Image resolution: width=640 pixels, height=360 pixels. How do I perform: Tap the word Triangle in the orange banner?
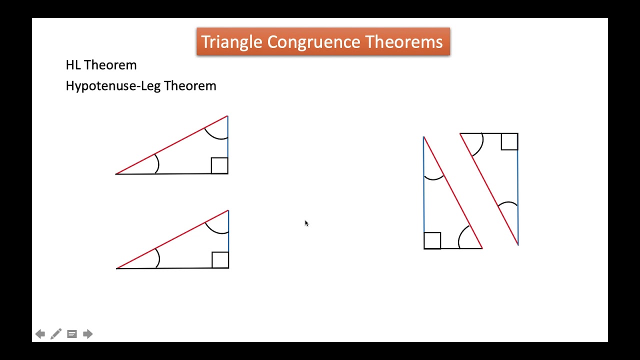point(231,42)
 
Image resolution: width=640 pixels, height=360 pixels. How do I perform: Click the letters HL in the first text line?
point(73,65)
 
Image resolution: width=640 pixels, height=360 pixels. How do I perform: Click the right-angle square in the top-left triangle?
point(219,165)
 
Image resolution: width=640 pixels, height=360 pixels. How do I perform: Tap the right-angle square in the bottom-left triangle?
point(220,260)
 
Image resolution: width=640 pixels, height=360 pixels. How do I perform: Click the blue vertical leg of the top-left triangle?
point(228,145)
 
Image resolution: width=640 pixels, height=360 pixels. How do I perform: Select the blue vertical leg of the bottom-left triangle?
point(228,235)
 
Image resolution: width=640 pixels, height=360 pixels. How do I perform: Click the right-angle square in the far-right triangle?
point(509,141)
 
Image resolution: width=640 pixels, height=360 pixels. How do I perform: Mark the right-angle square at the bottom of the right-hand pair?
point(432,240)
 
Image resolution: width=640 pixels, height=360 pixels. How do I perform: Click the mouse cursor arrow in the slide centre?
point(306,223)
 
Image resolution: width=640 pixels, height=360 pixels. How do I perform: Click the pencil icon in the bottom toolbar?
point(56,334)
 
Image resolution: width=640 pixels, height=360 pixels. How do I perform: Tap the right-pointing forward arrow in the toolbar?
point(88,334)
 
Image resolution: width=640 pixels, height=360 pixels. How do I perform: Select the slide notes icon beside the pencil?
point(72,334)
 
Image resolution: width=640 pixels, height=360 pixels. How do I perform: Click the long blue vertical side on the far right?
point(517,195)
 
